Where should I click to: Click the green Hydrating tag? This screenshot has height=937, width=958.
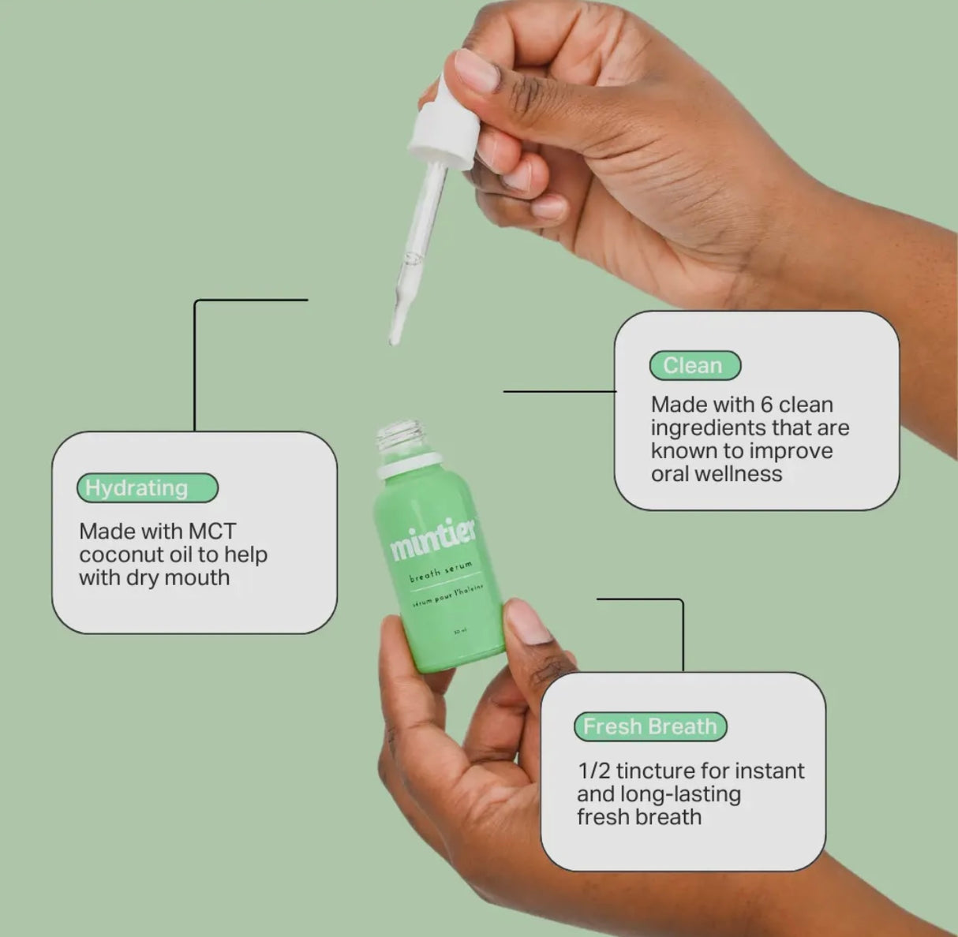pos(147,488)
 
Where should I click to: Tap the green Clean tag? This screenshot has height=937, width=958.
pos(694,365)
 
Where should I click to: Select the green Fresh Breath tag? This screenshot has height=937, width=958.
pos(649,726)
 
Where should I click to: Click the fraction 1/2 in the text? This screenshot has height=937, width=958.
pos(593,771)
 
